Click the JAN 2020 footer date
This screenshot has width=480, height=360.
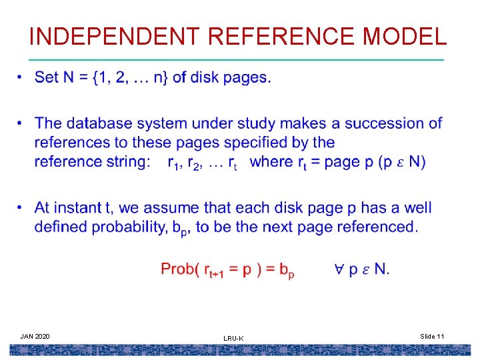[35, 335]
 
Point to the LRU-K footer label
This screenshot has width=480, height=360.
[233, 339]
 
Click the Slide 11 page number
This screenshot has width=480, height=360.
[432, 336]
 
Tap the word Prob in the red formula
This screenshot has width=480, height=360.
[179, 269]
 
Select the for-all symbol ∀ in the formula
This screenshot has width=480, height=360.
[339, 269]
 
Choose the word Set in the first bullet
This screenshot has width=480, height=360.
[47, 77]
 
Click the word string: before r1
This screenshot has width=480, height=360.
[130, 161]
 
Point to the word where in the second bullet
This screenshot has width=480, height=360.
[271, 161]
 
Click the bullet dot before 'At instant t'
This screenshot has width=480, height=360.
[21, 208]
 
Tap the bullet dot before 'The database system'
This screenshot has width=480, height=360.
[21, 123]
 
